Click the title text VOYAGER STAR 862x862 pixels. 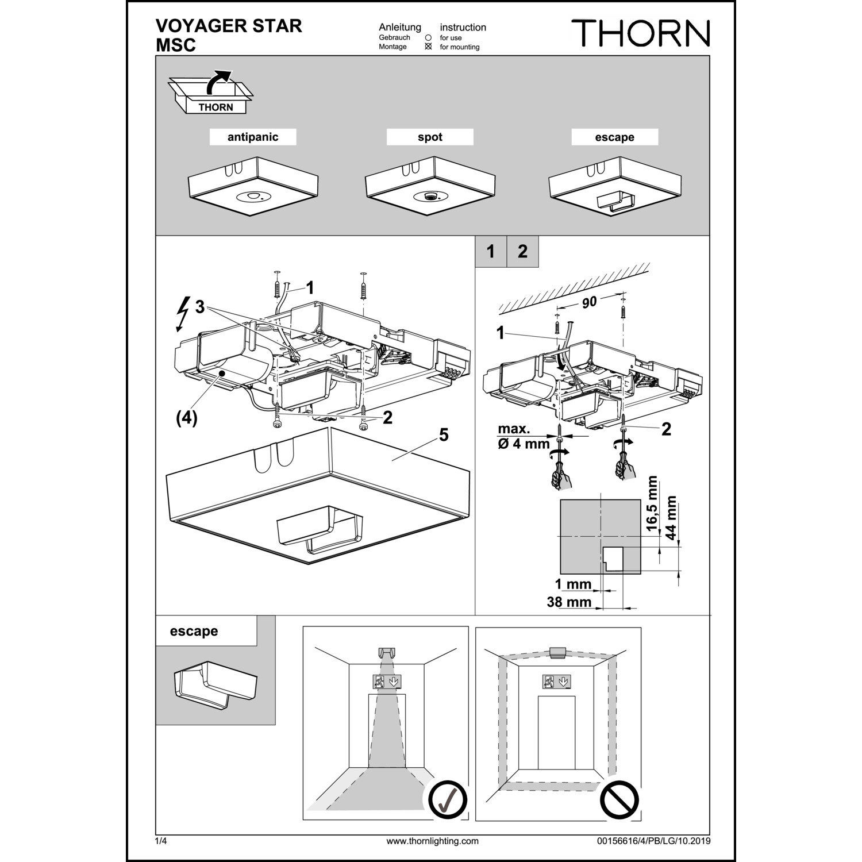[229, 26]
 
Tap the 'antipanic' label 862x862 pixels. [253, 137]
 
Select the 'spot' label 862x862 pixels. [430, 137]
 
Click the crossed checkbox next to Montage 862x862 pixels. [428, 47]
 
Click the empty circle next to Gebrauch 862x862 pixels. [428, 37]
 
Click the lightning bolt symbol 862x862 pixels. [183, 313]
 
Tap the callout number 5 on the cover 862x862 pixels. [444, 435]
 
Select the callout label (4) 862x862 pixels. [186, 418]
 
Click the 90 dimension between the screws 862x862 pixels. [589, 302]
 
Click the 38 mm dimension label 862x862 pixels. [569, 602]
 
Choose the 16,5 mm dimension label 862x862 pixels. [651, 504]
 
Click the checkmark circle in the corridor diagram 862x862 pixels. [448, 799]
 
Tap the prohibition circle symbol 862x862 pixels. [619, 799]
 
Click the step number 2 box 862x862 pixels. [522, 252]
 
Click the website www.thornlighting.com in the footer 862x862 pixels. [432, 841]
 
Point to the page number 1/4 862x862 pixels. [160, 841]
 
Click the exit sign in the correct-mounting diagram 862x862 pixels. [387, 682]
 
